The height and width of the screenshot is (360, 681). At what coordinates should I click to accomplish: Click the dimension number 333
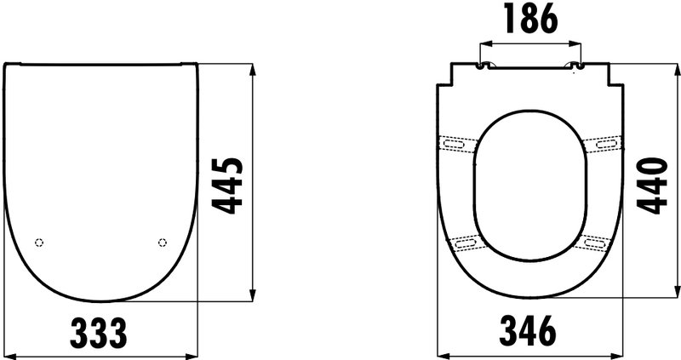pyautogui.click(x=99, y=333)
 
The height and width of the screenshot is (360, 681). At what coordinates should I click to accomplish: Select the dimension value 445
pyautogui.click(x=227, y=186)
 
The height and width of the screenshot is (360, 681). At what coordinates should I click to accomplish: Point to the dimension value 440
pyautogui.click(x=652, y=186)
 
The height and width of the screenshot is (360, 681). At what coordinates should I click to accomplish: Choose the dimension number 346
pyautogui.click(x=528, y=330)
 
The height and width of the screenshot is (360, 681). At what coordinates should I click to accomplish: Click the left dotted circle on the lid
pyautogui.click(x=39, y=243)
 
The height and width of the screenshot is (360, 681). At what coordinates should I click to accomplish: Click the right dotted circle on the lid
pyautogui.click(x=163, y=243)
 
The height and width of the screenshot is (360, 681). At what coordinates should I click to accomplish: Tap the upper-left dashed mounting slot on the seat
pyautogui.click(x=455, y=144)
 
